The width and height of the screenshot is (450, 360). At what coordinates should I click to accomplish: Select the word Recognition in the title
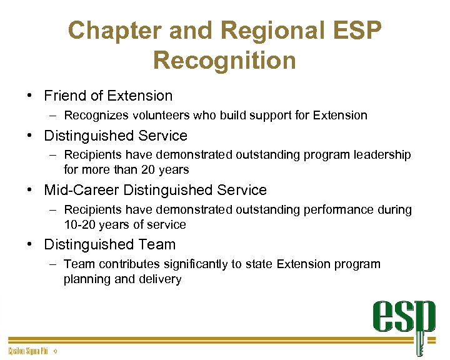pos(224,61)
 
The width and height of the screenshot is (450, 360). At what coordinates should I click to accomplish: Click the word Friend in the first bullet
pos(65,96)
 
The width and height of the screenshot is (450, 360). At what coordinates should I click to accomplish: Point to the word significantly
pos(194,264)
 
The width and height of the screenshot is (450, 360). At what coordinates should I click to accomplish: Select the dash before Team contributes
pos(53,264)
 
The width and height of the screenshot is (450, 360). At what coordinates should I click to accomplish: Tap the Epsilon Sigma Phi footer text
pos(28,352)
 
